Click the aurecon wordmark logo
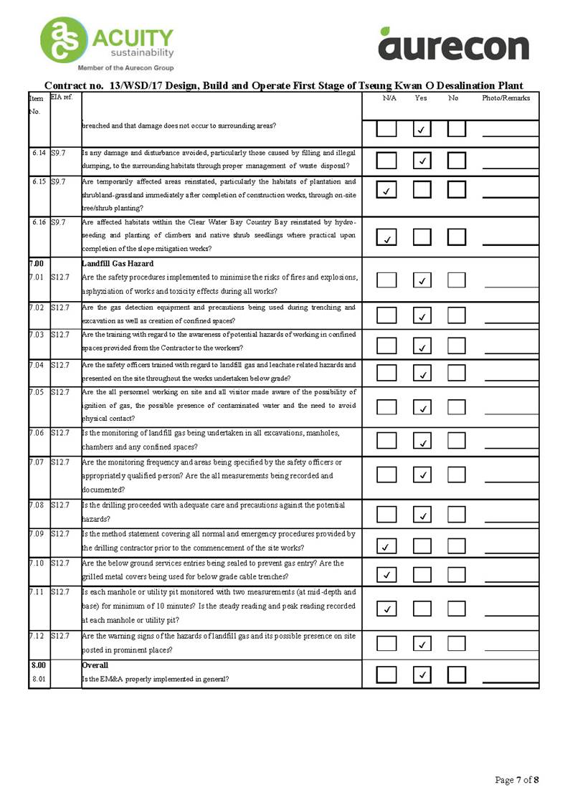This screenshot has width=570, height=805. [x=453, y=45]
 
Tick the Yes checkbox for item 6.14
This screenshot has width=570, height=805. [x=422, y=161]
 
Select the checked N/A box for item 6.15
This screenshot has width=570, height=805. [x=386, y=190]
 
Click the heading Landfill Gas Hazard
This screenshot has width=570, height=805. [x=118, y=264]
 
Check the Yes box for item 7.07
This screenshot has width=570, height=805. [x=422, y=474]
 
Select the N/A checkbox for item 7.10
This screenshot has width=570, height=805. [x=386, y=573]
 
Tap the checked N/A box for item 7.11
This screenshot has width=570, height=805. [x=386, y=609]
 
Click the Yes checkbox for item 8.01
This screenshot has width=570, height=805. [x=422, y=674]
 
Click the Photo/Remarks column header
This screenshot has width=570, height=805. [x=505, y=98]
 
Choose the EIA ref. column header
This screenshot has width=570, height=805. [x=62, y=97]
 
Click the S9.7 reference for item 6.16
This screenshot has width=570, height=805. [x=59, y=223]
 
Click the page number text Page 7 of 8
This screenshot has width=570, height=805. [x=516, y=779]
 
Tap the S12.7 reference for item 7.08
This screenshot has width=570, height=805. [x=60, y=506]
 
